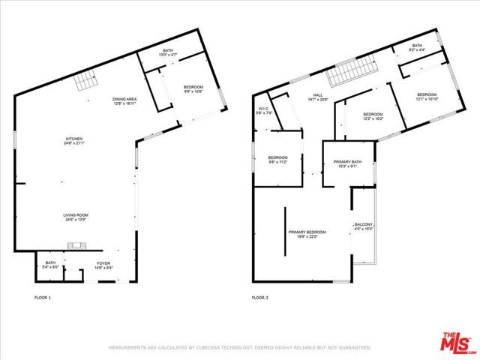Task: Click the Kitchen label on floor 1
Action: [x=73, y=140]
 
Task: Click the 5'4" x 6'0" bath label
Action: [x=50, y=265]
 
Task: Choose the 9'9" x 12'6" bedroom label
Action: [x=193, y=90]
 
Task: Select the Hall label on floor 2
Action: [x=317, y=97]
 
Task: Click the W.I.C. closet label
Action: [x=263, y=111]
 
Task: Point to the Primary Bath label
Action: [x=347, y=163]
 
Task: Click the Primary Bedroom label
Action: [x=307, y=234]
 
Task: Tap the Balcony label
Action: [x=364, y=227]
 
